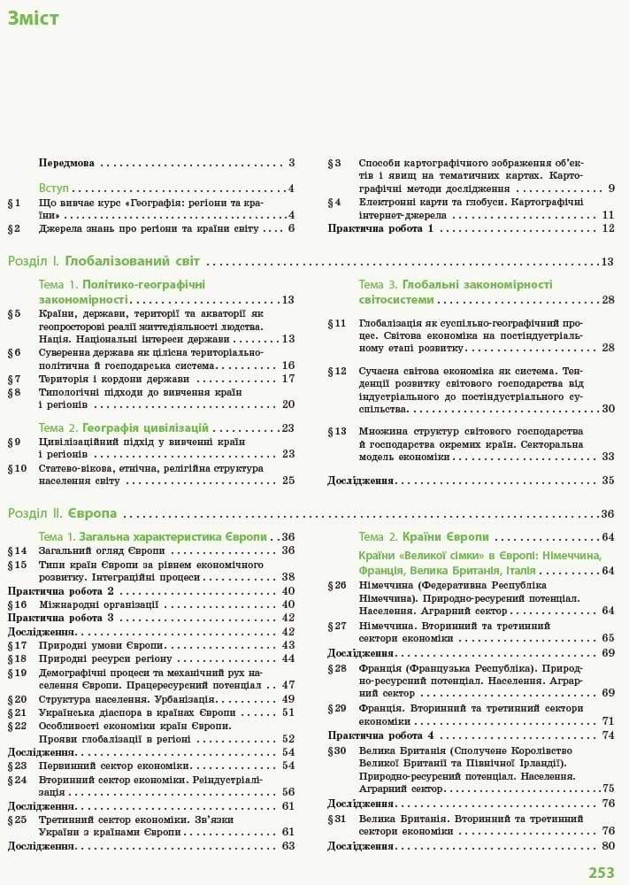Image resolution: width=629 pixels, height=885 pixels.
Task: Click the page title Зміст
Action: click(x=35, y=19)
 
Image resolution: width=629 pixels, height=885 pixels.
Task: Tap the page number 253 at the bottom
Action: click(x=602, y=873)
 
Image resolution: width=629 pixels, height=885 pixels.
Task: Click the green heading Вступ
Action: click(x=54, y=189)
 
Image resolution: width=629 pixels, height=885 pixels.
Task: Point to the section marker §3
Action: click(x=334, y=163)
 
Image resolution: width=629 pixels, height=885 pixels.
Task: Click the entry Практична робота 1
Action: click(x=380, y=228)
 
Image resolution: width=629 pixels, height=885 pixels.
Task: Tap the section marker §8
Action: click(x=14, y=391)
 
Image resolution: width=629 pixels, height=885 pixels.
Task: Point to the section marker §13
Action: click(x=337, y=431)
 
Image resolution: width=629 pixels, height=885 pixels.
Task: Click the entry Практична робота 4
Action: click(x=380, y=735)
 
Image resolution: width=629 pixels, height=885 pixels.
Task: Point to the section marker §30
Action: click(x=337, y=750)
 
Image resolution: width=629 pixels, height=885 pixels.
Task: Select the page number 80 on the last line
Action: click(x=608, y=846)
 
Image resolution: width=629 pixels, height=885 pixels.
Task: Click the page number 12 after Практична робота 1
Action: click(x=608, y=228)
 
